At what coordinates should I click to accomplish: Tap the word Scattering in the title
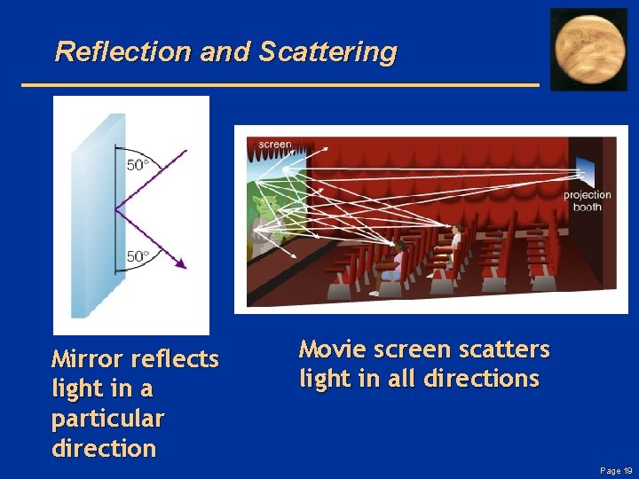click(x=327, y=51)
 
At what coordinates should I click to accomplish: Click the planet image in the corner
click(x=588, y=49)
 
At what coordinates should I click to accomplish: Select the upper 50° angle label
click(x=138, y=165)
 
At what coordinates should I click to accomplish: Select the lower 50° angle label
click(x=138, y=256)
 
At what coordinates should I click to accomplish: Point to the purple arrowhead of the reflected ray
click(x=181, y=263)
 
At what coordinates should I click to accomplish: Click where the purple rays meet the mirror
click(x=115, y=210)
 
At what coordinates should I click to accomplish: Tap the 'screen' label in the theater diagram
click(x=275, y=145)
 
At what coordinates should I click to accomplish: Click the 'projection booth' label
click(x=587, y=200)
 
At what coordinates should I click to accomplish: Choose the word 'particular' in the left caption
click(x=107, y=418)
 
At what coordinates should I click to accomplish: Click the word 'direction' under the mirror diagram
click(x=104, y=448)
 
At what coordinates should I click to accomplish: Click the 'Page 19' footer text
click(x=615, y=470)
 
